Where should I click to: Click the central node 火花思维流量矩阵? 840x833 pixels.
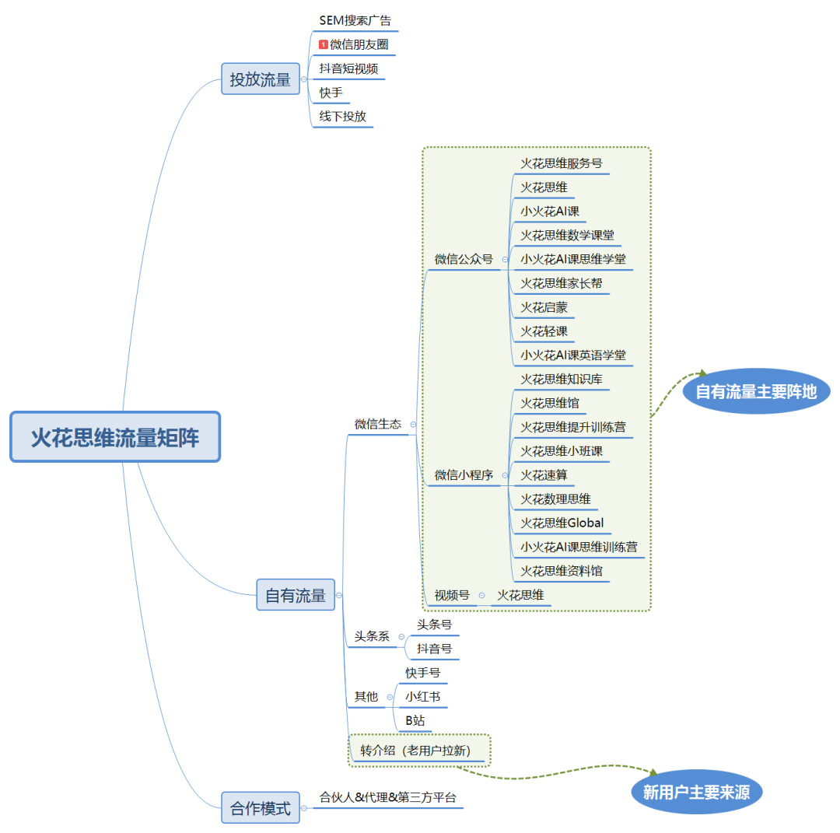coord(115,437)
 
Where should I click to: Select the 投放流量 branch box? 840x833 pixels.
coord(260,79)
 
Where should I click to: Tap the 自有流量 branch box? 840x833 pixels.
coord(296,595)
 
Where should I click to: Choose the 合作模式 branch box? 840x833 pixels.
coord(260,808)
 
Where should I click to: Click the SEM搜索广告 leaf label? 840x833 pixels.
coord(355,20)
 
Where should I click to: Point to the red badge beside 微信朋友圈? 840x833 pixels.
coord(323,44)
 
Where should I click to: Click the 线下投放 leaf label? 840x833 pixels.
coord(342,117)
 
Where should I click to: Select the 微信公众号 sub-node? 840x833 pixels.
coord(464,259)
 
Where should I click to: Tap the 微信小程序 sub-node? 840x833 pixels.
coord(464,474)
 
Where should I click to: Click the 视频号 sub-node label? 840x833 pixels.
coord(452,595)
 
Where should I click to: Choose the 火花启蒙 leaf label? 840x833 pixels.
coord(544,307)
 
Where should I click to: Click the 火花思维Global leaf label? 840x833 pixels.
coord(562,523)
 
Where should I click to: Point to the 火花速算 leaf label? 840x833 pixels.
coord(544,474)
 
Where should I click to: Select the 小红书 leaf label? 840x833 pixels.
coord(422,696)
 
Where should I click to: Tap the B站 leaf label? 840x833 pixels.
coord(415,720)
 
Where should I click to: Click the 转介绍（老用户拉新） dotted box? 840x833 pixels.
coord(420,751)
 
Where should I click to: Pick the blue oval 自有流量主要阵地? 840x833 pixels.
coord(756,391)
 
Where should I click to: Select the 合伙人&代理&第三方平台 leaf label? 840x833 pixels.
coord(387,797)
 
